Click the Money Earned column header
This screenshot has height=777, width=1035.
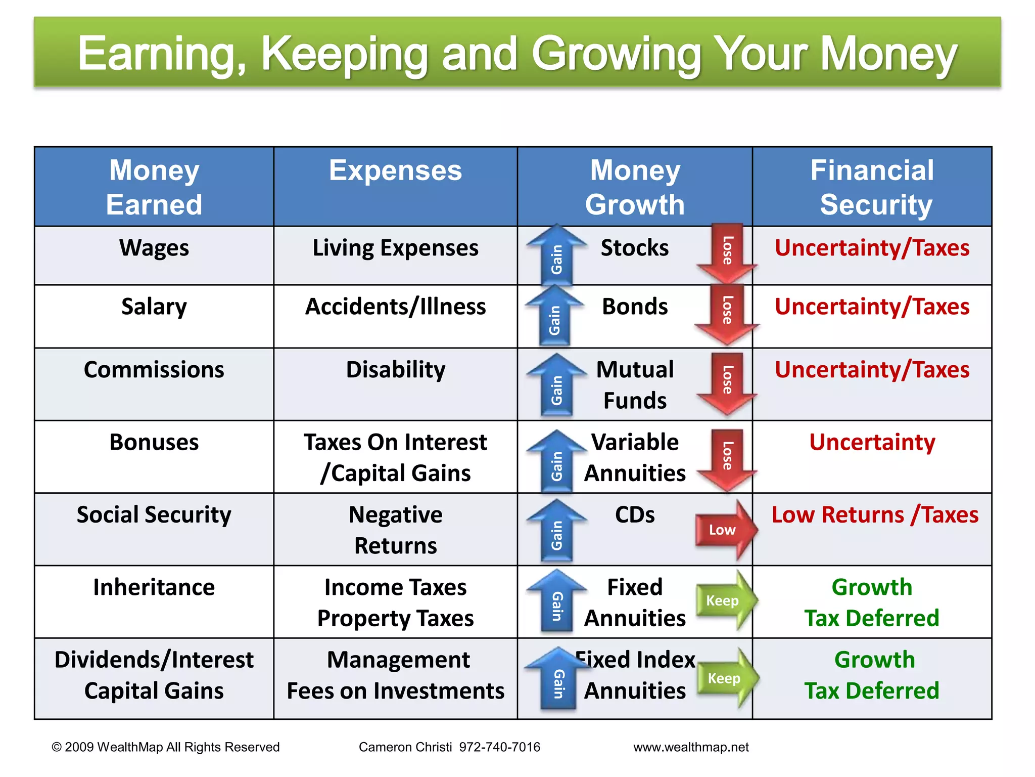154,187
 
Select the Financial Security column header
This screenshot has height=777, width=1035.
872,187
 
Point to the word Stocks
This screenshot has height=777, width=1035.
634,248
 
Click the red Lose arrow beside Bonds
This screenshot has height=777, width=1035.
727,315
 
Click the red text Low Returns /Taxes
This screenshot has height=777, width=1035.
874,515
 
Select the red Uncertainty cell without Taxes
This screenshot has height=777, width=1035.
872,442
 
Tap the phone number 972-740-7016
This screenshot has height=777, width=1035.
499,747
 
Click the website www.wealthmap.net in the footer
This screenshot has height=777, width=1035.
691,747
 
